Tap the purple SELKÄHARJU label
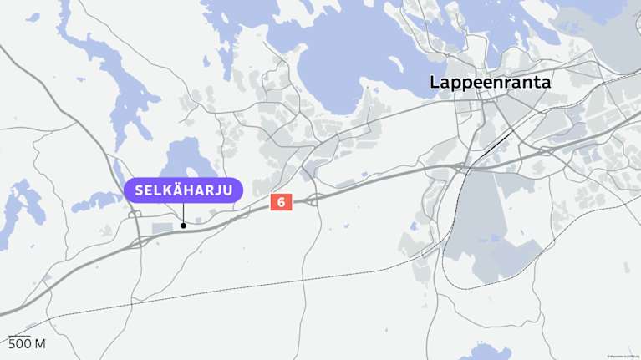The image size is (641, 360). [184, 190]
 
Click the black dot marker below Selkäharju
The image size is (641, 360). [184, 225]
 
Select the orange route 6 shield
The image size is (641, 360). [281, 202]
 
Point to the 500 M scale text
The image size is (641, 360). [27, 344]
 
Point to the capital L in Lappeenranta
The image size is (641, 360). [435, 82]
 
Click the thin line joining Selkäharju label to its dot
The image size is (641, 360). [184, 212]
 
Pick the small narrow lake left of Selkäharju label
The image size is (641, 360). [96, 201]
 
